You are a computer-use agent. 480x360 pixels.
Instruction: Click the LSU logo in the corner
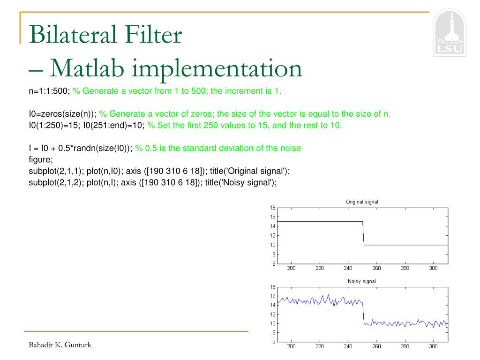pos(450,32)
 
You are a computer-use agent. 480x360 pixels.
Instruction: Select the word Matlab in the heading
pos(87,68)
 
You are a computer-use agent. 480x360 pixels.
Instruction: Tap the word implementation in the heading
pos(217,69)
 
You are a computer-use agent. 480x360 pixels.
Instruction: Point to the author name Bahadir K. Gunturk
pos(60,345)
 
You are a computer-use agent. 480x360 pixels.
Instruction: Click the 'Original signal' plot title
pos(362,202)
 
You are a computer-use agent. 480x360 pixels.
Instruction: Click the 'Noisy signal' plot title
pos(362,281)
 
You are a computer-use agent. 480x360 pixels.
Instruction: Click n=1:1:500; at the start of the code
pos(49,91)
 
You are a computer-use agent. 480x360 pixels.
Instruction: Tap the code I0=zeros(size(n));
pos(62,114)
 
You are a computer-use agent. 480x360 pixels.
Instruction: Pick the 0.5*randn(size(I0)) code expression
pos(95,148)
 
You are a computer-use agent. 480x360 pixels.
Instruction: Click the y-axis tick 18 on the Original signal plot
pos(273,208)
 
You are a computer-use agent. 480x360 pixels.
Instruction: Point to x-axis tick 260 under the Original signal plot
pos(376,268)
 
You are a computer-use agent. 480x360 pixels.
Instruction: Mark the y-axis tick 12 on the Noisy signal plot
pos(273,315)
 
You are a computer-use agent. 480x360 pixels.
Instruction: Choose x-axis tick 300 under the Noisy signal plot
pos(433,346)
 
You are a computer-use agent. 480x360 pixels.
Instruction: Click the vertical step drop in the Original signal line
pos(363,233)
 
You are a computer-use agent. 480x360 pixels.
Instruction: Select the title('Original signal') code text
pos(249,171)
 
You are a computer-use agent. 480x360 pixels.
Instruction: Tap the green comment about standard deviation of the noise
pos(218,148)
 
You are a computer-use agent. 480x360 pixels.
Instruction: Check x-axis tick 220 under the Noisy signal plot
pos(320,346)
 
